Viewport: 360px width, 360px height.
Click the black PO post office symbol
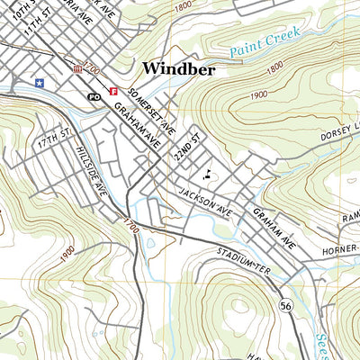[94, 95]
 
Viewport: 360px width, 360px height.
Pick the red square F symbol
[113, 90]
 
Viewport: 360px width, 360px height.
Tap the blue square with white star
[38, 82]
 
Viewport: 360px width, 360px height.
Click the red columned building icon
[77, 68]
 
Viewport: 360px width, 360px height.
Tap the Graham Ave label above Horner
[274, 229]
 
